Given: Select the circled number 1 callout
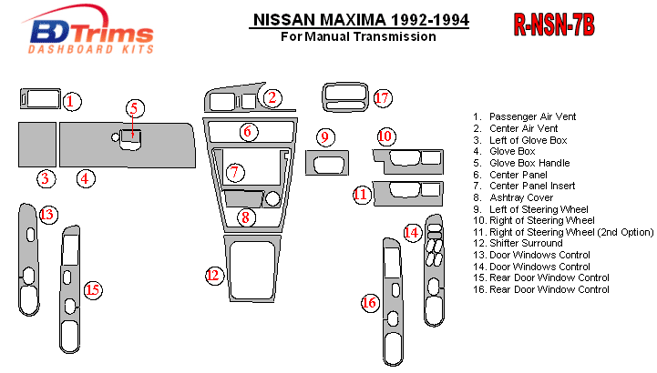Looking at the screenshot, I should [x=72, y=101].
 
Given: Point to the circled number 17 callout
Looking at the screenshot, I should [x=383, y=97].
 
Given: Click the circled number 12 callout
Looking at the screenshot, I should [x=214, y=275].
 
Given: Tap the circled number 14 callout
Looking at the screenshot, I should [x=413, y=233].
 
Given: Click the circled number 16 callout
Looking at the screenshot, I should [x=369, y=302].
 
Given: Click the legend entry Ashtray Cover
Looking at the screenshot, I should [x=520, y=197].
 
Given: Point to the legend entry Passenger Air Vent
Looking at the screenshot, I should [x=532, y=116].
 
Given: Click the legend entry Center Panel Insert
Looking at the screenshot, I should [x=538, y=186].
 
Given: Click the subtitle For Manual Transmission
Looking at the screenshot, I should [x=358, y=37].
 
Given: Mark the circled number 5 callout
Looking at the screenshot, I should [x=134, y=109].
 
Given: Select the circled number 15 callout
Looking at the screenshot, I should [x=92, y=290].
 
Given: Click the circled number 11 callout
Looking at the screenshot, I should [x=362, y=194].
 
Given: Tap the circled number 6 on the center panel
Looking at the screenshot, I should [x=247, y=131].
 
